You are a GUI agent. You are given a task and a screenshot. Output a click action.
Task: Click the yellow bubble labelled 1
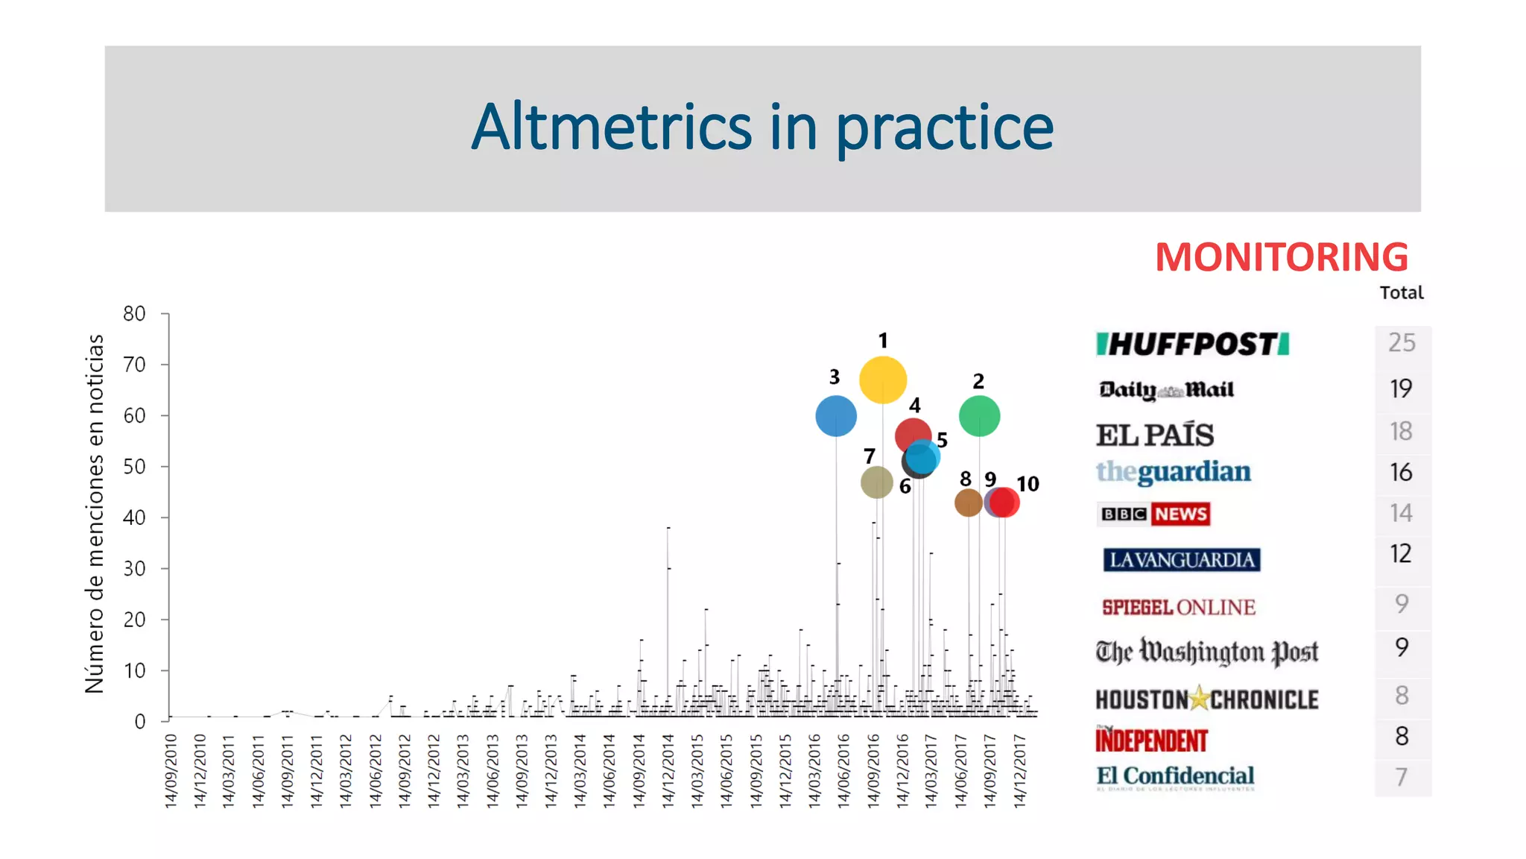(x=883, y=380)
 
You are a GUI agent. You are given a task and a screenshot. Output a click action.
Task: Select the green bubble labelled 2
(x=979, y=416)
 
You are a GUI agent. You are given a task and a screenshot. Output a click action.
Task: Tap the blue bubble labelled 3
(x=836, y=416)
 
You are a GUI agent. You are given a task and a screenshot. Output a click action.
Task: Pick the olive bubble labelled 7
(x=876, y=482)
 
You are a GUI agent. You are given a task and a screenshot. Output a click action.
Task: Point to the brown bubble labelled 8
(x=968, y=503)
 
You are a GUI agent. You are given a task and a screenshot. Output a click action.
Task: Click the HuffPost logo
(x=1192, y=344)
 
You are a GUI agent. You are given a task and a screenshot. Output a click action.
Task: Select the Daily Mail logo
(x=1166, y=390)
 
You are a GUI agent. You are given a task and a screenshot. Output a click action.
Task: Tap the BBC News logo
(x=1154, y=514)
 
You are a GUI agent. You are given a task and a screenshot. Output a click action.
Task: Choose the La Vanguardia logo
(x=1182, y=559)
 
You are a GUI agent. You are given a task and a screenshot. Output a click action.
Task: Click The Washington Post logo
(x=1206, y=652)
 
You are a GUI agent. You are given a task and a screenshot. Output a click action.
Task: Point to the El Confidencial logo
(x=1175, y=776)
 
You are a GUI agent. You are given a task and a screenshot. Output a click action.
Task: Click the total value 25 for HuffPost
(x=1402, y=342)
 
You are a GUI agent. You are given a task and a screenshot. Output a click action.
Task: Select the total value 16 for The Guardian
(x=1401, y=472)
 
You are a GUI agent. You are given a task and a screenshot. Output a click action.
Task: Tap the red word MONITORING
(x=1282, y=257)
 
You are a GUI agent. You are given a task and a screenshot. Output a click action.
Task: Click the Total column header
(x=1401, y=292)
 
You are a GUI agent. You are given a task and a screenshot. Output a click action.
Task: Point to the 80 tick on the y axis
(x=135, y=314)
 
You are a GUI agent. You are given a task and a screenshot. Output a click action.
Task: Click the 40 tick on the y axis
(x=135, y=517)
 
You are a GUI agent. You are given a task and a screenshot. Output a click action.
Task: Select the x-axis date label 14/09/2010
(x=171, y=770)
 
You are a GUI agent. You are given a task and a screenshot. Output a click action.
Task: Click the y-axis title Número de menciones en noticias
(x=95, y=513)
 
